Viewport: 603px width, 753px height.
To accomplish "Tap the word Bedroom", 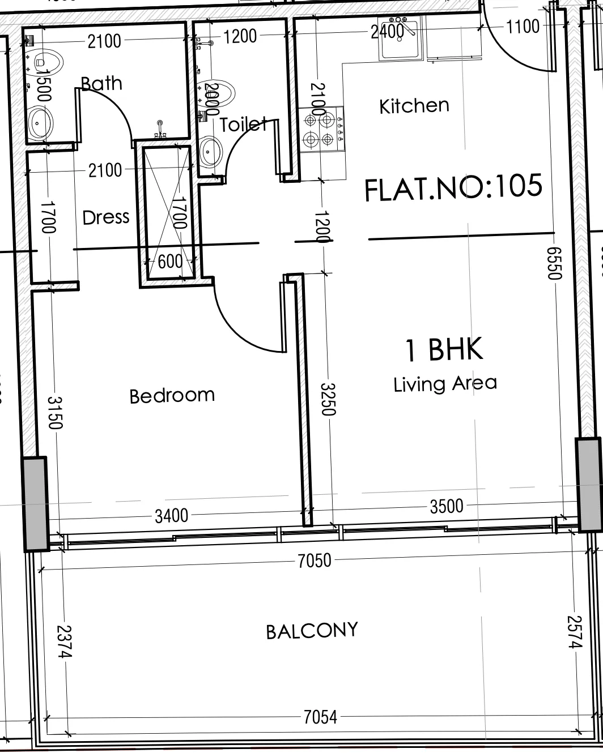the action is pos(172,396).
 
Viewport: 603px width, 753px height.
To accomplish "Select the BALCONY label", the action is pos(312,631).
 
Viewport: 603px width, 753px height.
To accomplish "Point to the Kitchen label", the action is pos(414,106).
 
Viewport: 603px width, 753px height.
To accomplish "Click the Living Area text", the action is pos(445,384).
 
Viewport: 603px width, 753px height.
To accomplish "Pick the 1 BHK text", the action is pos(444,349).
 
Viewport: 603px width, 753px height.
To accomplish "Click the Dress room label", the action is pos(106,217).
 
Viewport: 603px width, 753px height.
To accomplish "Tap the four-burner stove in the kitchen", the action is pos(322,130).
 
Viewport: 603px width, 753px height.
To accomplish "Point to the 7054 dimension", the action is pos(320,717).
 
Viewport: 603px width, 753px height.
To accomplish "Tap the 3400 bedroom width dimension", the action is pos(171,516).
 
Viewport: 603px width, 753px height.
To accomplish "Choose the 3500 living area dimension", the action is pos(447,506).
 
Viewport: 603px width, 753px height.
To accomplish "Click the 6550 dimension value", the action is pos(554,263).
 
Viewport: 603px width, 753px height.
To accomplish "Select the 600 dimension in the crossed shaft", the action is pos(170,261).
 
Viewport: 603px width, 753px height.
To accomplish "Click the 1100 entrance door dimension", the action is pos(523,26).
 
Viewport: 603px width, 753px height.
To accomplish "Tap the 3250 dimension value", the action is pos(328,399).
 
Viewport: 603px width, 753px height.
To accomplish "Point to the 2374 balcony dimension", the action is pos(64,641).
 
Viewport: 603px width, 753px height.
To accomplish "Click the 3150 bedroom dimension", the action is pos(55,413).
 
